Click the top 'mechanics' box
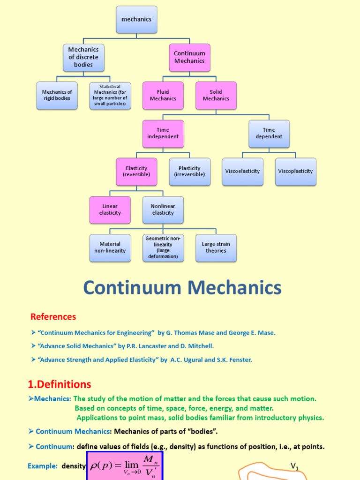(136, 20)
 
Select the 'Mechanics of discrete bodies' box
(83, 57)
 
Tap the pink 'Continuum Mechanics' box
(189, 57)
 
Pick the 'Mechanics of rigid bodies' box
(57, 95)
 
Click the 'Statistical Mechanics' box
(110, 95)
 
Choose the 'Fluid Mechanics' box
(163, 95)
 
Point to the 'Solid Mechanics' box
(216, 95)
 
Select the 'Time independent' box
(163, 133)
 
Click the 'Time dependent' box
(269, 133)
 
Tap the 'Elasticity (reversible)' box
(136, 171)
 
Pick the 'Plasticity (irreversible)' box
(189, 171)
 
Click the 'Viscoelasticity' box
(242, 171)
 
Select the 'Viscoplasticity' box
(295, 171)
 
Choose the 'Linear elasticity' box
(110, 210)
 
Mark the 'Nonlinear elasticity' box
(163, 210)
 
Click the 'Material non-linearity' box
(110, 247)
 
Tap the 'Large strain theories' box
(216, 247)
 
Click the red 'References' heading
(53, 316)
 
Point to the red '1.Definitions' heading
(59, 384)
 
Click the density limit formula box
(125, 466)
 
